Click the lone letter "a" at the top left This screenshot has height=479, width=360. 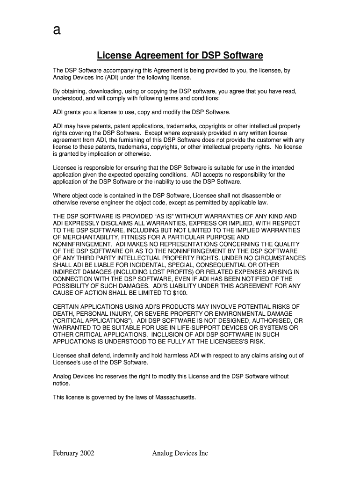(x=57, y=31)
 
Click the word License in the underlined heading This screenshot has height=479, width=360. (x=114, y=56)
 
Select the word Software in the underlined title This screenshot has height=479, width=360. (x=244, y=56)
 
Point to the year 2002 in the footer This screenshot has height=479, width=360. (x=87, y=453)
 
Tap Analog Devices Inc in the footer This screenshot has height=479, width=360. (x=180, y=453)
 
